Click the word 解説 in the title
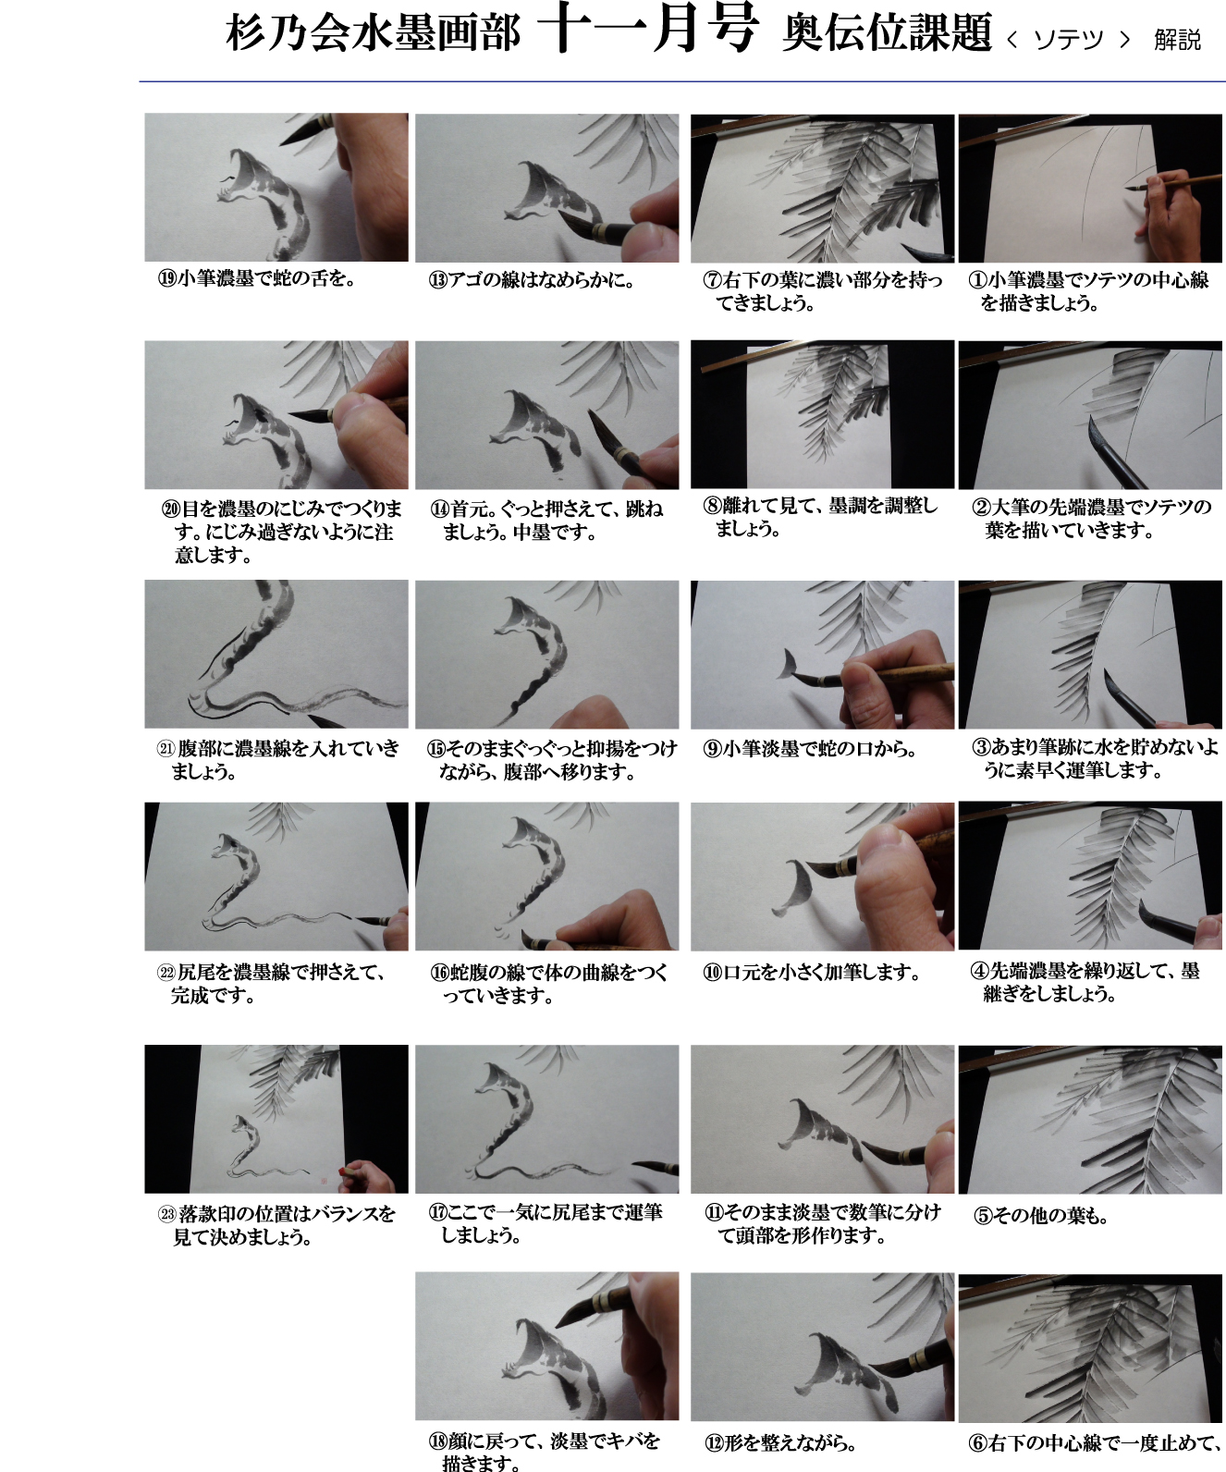[1177, 40]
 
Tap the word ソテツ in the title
[1067, 40]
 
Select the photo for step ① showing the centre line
[1090, 189]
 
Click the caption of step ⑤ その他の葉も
[1040, 1215]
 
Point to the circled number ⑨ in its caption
[712, 749]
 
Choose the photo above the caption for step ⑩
[822, 877]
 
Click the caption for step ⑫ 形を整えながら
[780, 1443]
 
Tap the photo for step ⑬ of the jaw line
[547, 189]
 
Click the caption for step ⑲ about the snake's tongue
[257, 278]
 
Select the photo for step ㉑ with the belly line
[276, 655]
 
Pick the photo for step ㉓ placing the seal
[276, 1119]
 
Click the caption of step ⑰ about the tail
[546, 1223]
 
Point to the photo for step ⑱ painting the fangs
[547, 1346]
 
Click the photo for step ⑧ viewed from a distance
[822, 414]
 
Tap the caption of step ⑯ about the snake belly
[549, 984]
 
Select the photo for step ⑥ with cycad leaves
[1090, 1348]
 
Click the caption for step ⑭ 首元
[547, 520]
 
